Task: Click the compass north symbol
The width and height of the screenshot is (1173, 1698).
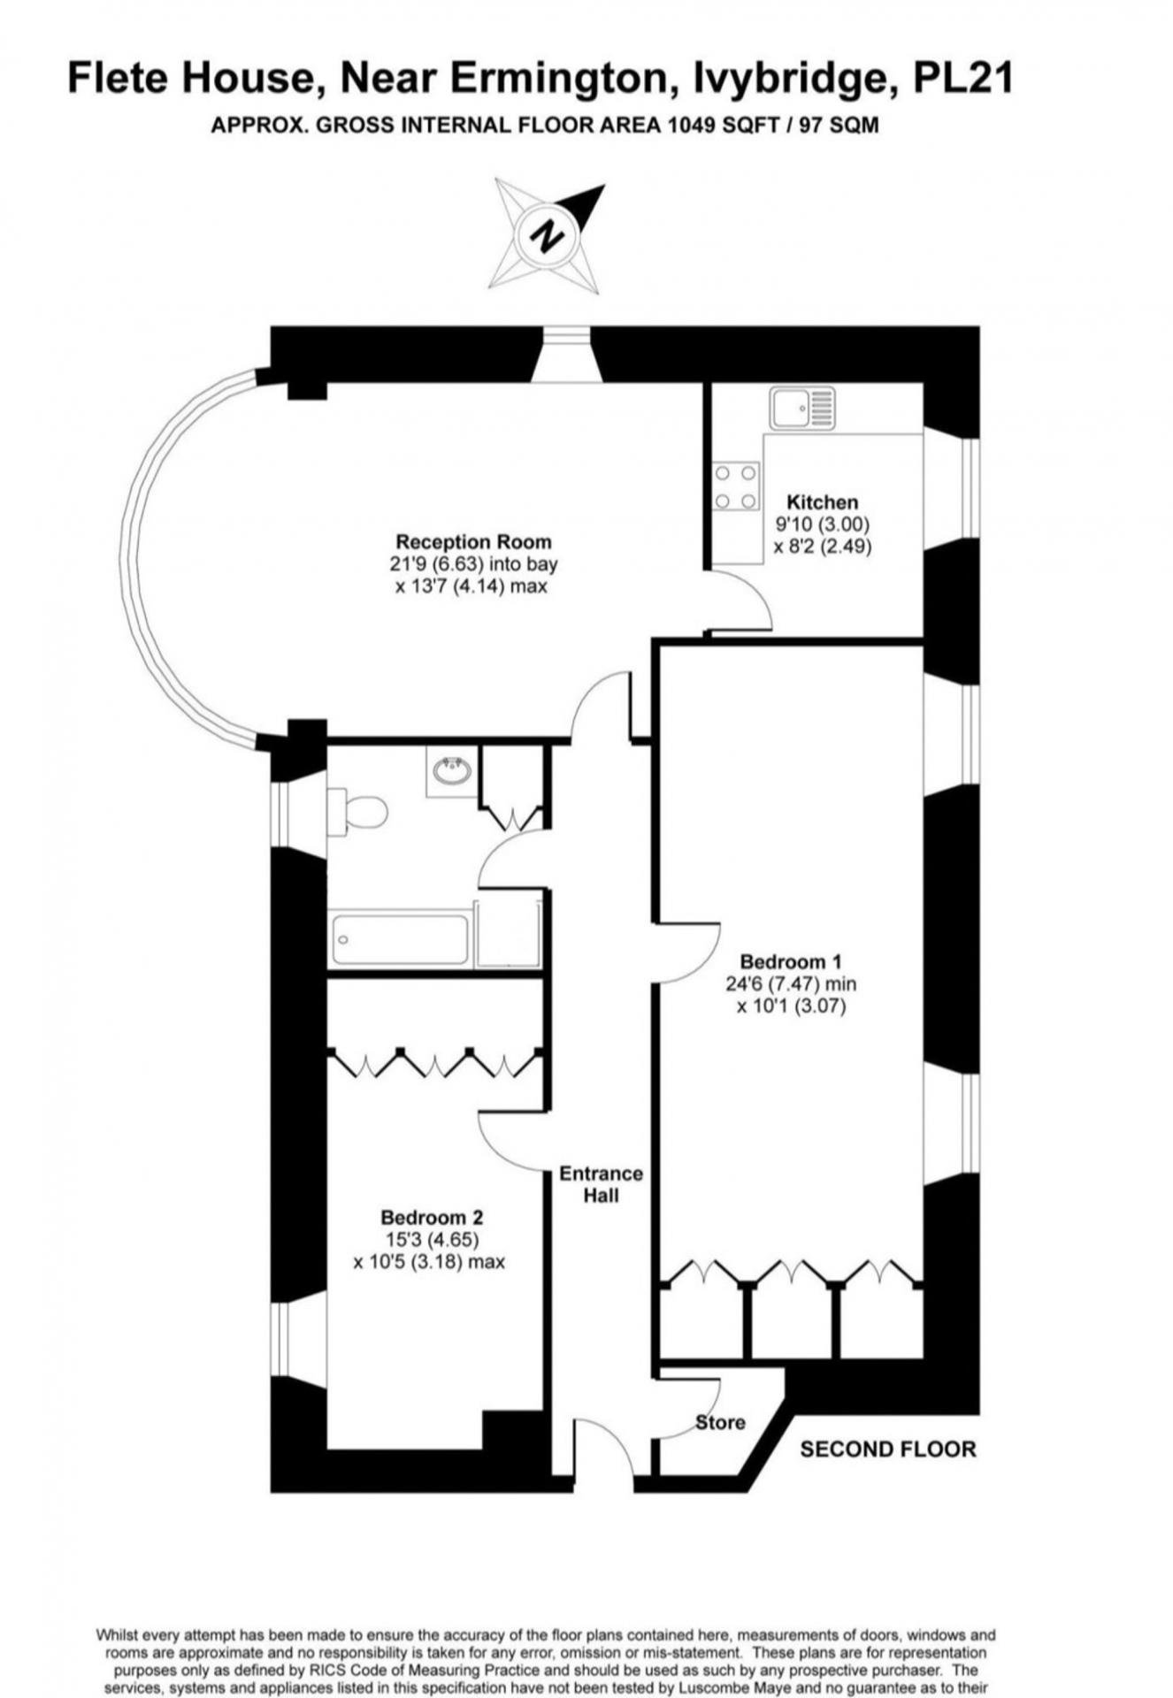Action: [548, 235]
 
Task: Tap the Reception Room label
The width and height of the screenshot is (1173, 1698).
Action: [473, 541]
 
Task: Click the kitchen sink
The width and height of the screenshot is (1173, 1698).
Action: [802, 408]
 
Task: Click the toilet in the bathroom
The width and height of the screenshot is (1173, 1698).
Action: [357, 812]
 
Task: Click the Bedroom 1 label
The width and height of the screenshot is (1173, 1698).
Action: [791, 961]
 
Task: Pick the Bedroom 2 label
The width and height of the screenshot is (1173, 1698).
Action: [433, 1218]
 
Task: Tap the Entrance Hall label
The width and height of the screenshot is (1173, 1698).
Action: [601, 1184]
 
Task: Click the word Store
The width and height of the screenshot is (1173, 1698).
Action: [720, 1422]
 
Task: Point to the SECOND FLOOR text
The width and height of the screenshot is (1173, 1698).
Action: [888, 1449]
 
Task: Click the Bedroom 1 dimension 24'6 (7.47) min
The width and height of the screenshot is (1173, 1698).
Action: [791, 983]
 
